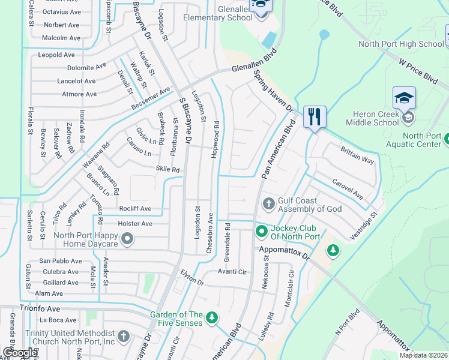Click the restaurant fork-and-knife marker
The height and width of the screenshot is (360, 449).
[x=315, y=116]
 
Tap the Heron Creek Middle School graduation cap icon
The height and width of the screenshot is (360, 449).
[x=404, y=98]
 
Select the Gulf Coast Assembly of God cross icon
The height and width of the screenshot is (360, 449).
[x=268, y=205]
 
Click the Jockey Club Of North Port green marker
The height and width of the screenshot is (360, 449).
[x=262, y=231]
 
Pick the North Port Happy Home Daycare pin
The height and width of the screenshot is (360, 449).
[x=127, y=239]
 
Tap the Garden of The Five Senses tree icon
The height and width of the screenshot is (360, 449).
[x=211, y=317]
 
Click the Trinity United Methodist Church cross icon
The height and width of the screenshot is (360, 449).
[x=123, y=336]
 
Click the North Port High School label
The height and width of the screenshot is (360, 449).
[x=401, y=44]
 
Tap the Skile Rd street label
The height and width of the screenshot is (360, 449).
[x=168, y=170]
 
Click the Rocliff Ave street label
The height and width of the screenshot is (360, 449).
[x=135, y=208]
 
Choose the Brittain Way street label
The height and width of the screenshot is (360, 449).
[x=357, y=156]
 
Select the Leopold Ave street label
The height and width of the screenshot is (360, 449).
[x=56, y=55]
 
